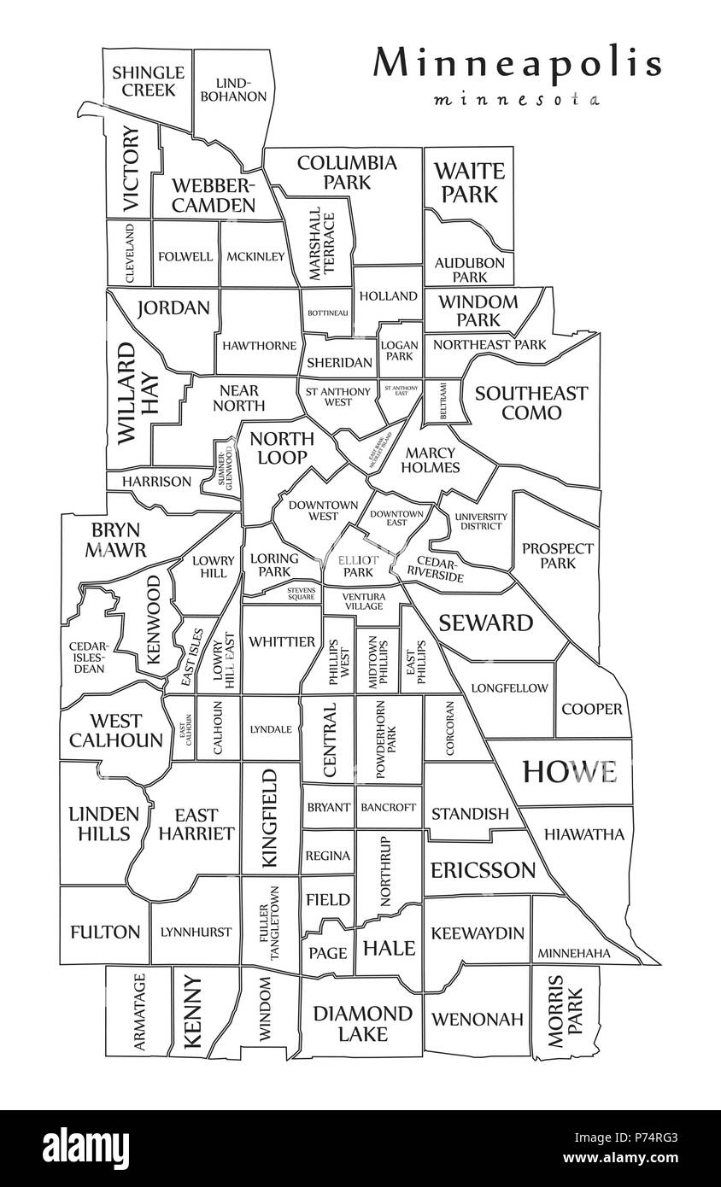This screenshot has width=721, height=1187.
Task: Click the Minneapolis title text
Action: (x=518, y=64)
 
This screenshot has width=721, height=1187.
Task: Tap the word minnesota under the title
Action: (x=517, y=99)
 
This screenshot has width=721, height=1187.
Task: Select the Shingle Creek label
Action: (x=148, y=81)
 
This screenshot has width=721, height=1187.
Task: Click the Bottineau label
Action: (x=328, y=313)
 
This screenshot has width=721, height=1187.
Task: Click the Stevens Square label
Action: (x=283, y=593)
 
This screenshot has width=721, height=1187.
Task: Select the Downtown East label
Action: (x=396, y=517)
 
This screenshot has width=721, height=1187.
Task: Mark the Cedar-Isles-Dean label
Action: (x=88, y=658)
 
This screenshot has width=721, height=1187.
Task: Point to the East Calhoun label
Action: (x=184, y=728)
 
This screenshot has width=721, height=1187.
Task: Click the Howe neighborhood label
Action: (x=570, y=771)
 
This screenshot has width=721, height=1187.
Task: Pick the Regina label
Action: (x=328, y=856)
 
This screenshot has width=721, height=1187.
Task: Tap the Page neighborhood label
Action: (x=328, y=953)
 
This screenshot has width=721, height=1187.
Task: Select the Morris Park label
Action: (x=566, y=1011)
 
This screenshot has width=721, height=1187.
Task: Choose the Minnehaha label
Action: (x=585, y=953)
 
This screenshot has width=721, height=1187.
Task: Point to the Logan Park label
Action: (x=400, y=351)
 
